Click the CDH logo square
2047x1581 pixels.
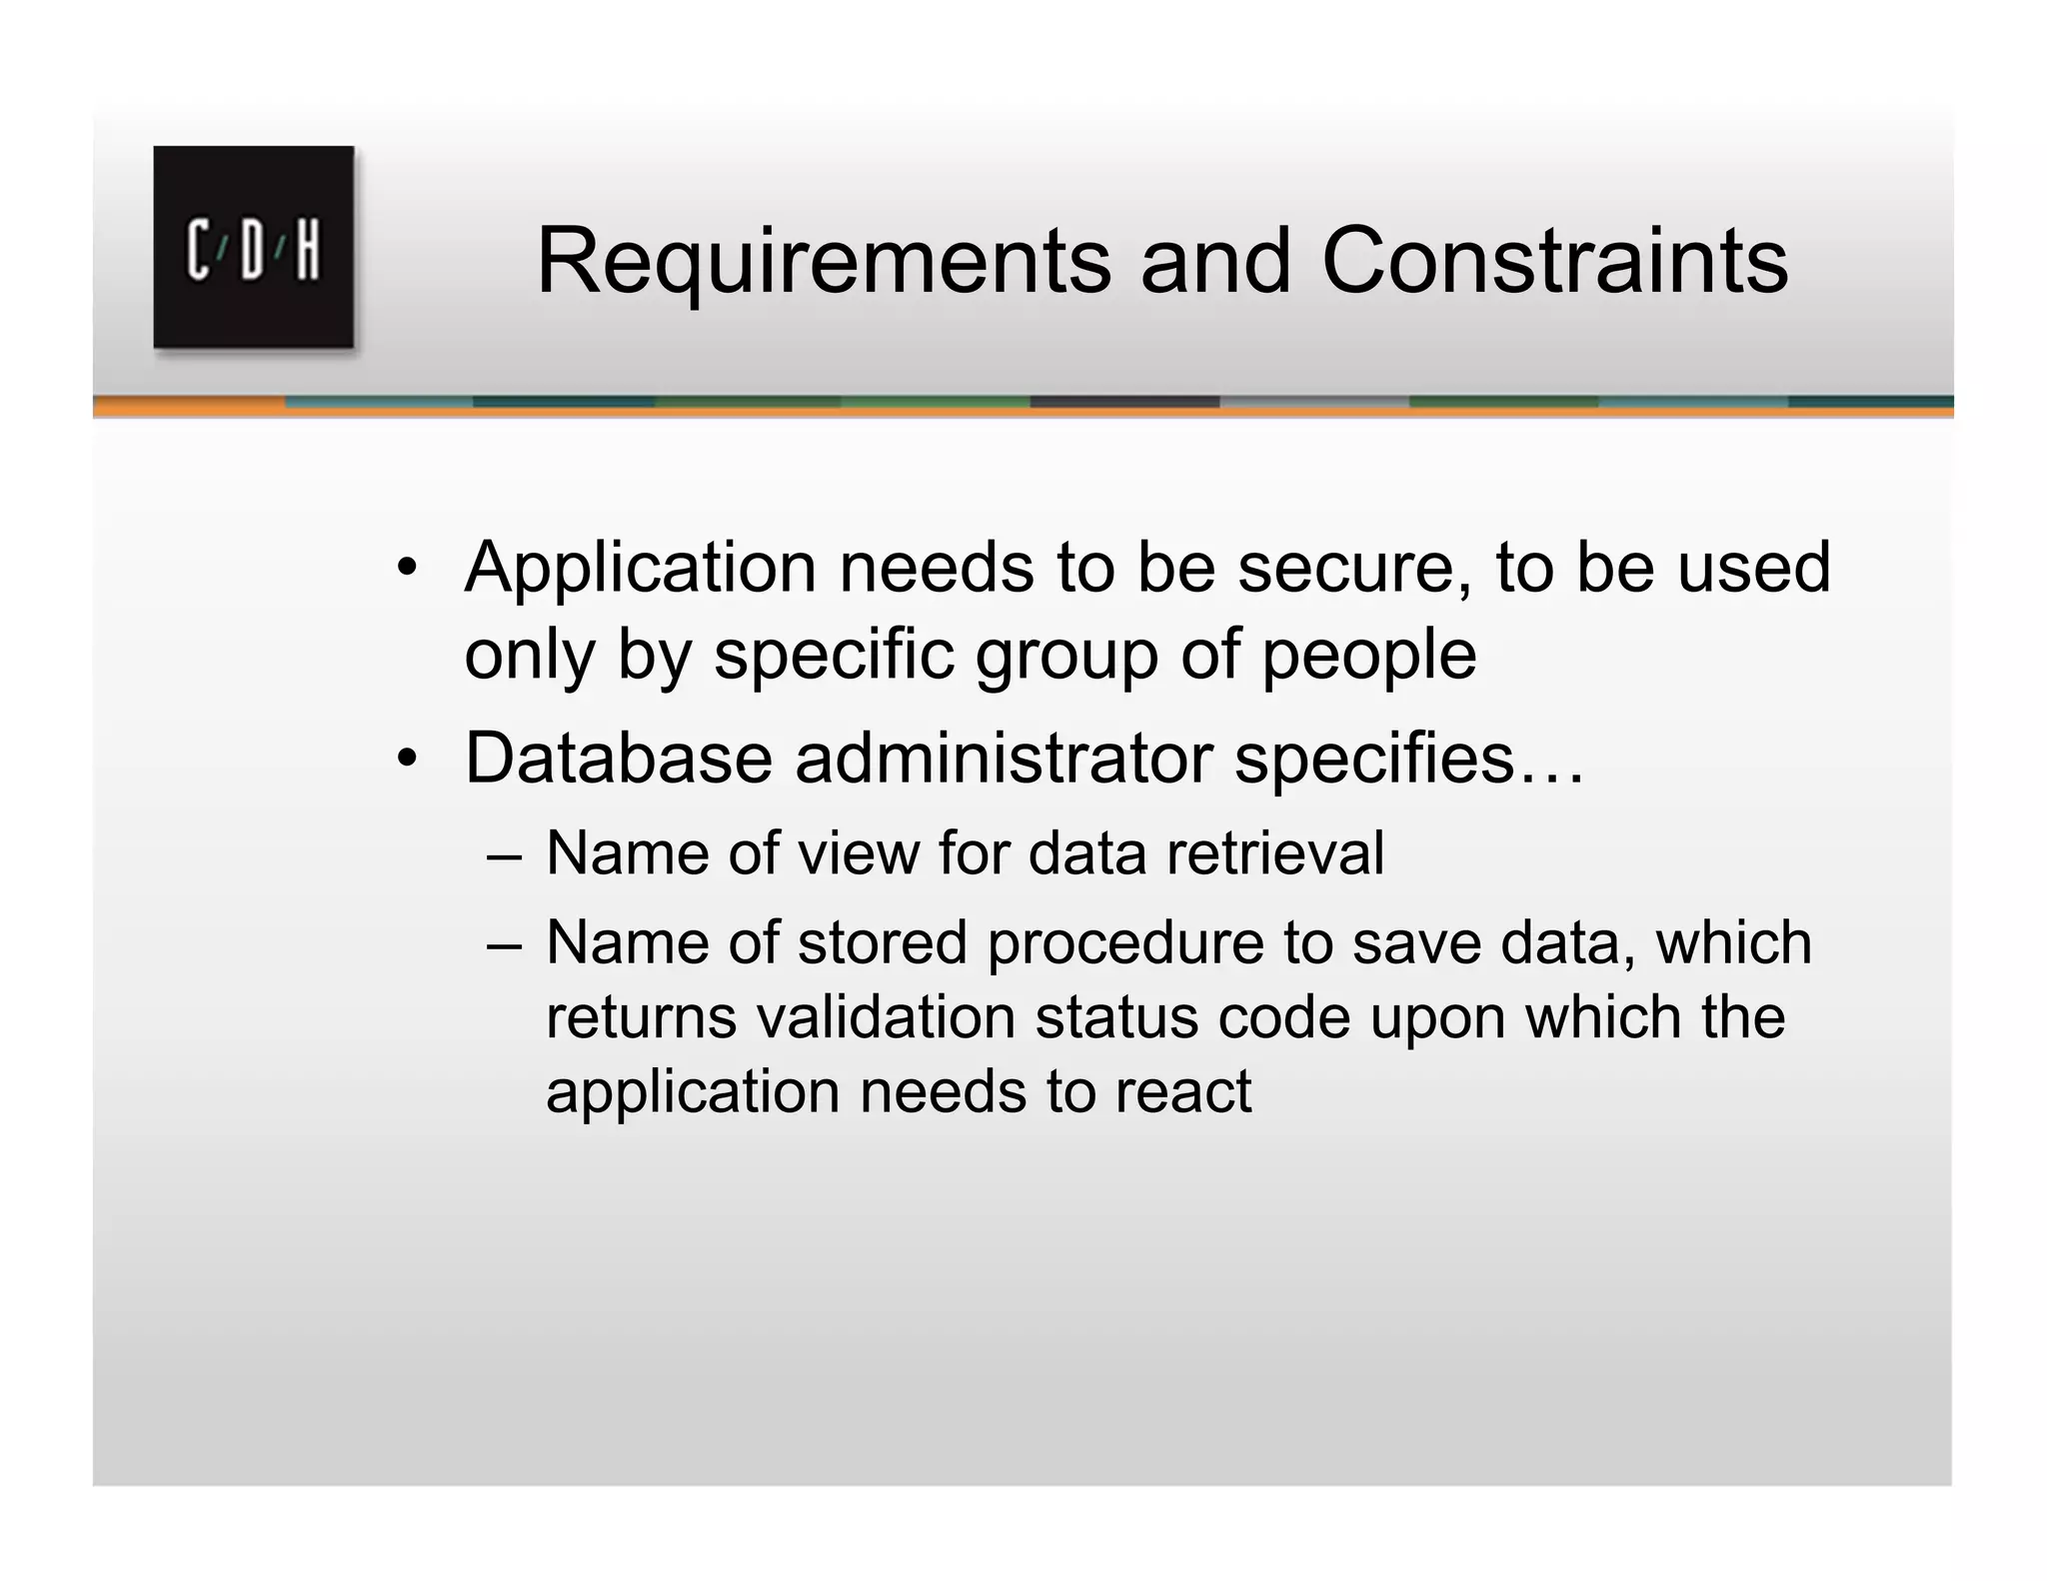pos(253,247)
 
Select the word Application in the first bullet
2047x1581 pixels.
pos(641,569)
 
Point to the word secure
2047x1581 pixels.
pos(1354,569)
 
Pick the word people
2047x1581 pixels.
pos(1368,656)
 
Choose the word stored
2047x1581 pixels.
pos(883,942)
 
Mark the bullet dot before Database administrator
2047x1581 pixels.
pos(405,761)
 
